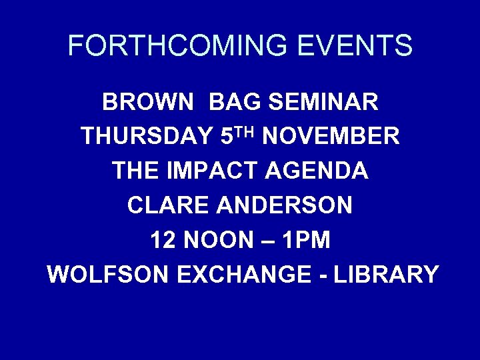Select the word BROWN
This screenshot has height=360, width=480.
pos(148,103)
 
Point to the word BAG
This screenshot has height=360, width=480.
pos(233,103)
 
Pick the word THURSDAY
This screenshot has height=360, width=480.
pos(147,137)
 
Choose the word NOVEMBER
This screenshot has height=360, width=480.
pos(331,137)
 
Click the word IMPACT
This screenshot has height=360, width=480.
pos(220,171)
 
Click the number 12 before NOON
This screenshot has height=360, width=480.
pos(164,240)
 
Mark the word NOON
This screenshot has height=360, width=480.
pos(219,240)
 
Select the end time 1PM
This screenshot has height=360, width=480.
pos(306,240)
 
